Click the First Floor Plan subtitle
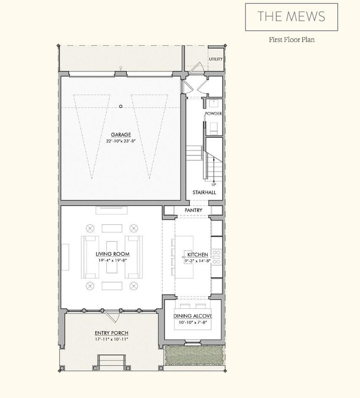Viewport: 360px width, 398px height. pyautogui.click(x=291, y=40)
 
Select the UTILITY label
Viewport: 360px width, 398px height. pyautogui.click(x=215, y=59)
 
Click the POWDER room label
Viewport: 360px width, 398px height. pyautogui.click(x=214, y=113)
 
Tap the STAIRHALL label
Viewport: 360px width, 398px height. pyautogui.click(x=205, y=193)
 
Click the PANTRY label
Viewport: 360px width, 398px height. pyautogui.click(x=193, y=210)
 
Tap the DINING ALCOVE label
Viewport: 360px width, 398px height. pyautogui.click(x=192, y=316)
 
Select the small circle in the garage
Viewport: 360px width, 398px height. pyautogui.click(x=120, y=106)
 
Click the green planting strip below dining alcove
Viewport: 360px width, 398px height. pyautogui.click(x=193, y=354)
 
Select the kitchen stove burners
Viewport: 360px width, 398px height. pyautogui.click(x=217, y=257)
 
